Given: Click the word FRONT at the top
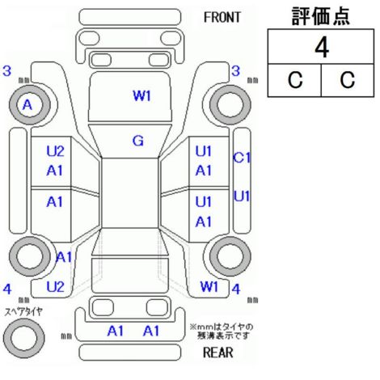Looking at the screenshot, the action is click(222, 18).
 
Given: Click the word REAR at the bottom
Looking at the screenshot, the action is click(218, 353).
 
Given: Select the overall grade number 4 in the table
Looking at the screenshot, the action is click(322, 48).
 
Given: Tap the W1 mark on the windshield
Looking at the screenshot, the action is click(141, 95).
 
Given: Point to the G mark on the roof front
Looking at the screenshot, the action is click(138, 141).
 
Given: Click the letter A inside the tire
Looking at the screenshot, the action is click(27, 104).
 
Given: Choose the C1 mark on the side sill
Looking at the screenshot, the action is click(242, 158).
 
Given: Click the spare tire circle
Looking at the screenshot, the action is click(23, 338).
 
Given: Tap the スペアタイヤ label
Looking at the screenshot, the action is click(23, 312).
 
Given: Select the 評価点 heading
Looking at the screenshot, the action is click(321, 16).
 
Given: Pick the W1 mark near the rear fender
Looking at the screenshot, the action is click(209, 286).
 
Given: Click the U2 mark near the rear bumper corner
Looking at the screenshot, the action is click(56, 287).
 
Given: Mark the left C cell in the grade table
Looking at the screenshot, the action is click(294, 80).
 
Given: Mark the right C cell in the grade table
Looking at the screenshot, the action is click(348, 80).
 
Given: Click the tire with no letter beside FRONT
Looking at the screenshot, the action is click(230, 105).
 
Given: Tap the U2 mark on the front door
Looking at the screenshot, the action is click(55, 151).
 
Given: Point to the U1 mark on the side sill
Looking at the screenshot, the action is click(242, 196).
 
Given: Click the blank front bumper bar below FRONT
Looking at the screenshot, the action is click(130, 17).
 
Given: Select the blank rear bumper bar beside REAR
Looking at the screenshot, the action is click(130, 352).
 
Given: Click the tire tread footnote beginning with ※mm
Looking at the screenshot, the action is click(222, 331).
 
